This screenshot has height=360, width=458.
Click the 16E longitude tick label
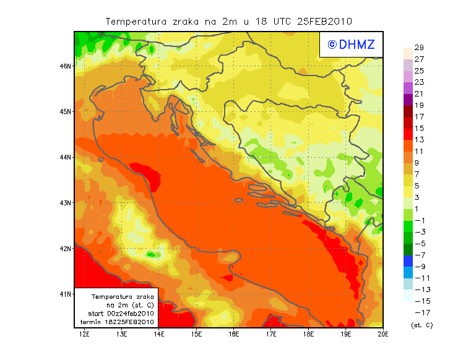pyautogui.click(x=234, y=334)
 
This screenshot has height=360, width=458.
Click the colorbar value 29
pyautogui.click(x=419, y=48)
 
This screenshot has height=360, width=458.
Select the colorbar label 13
pyautogui.click(x=419, y=140)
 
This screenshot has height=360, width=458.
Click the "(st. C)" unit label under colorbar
pyautogui.click(x=421, y=325)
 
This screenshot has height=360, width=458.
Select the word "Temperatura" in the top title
pyautogui.click(x=136, y=21)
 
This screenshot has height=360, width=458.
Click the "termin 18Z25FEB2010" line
pyautogui.click(x=118, y=322)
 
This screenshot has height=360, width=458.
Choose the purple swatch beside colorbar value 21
pyautogui.click(x=407, y=99)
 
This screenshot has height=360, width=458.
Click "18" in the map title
pyautogui.click(x=261, y=21)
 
